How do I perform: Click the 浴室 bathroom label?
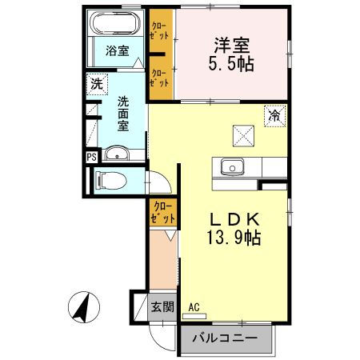coord(118,50)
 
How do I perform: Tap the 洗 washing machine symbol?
coord(96,83)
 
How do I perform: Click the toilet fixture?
coord(108,181)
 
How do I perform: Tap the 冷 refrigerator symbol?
coord(274,115)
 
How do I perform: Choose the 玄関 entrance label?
coord(162,306)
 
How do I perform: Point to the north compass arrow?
coord(82,307)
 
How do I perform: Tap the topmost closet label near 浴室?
coord(160,30)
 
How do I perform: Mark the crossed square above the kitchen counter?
coord(242,135)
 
